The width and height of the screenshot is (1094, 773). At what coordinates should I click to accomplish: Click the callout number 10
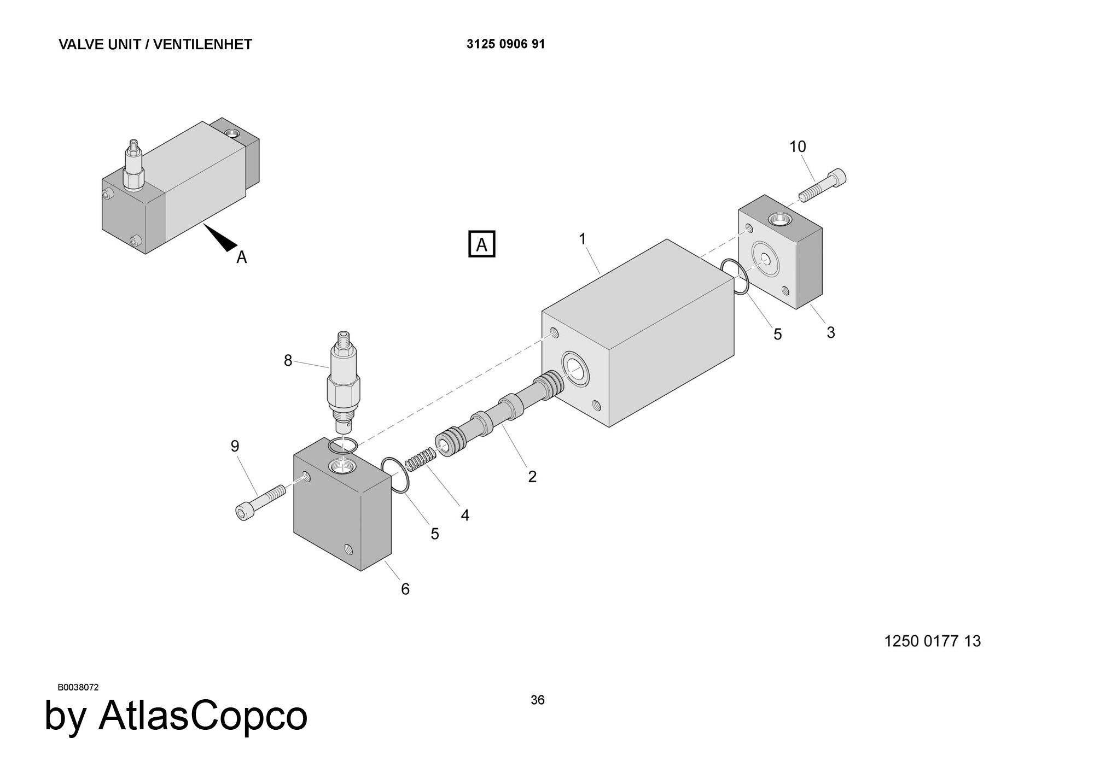click(798, 147)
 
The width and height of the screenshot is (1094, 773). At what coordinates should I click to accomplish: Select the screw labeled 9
click(259, 502)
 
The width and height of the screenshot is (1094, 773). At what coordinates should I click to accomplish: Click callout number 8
click(288, 361)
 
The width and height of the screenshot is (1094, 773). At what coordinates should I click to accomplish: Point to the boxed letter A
click(482, 244)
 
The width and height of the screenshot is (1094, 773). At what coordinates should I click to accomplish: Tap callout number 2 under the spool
click(532, 477)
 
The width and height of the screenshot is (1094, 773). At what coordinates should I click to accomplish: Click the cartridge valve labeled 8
click(343, 383)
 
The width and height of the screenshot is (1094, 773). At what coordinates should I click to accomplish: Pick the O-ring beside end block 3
click(734, 277)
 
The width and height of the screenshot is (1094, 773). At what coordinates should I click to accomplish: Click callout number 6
click(405, 589)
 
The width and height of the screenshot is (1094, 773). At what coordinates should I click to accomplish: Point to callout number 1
click(583, 239)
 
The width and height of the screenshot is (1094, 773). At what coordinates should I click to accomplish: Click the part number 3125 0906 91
click(505, 44)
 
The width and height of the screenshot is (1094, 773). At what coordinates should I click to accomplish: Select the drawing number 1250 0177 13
click(932, 641)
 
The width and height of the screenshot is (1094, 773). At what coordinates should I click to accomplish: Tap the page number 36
click(538, 700)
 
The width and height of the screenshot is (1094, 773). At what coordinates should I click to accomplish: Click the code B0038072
click(78, 687)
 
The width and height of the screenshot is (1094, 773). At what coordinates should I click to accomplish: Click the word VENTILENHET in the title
click(202, 44)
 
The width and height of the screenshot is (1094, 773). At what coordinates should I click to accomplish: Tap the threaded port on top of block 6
click(342, 466)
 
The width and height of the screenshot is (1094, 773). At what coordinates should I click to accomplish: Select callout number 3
click(830, 332)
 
